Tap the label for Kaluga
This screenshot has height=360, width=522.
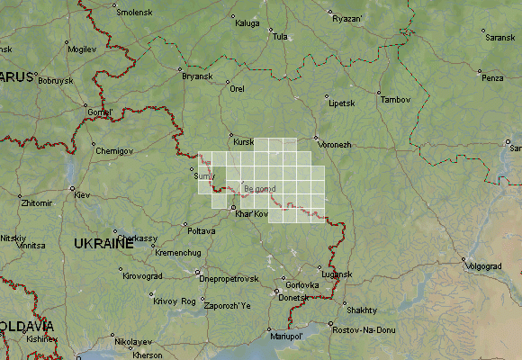pos(247,22)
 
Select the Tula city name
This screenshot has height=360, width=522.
pos(280,37)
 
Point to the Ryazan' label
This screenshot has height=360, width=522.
pos(346,19)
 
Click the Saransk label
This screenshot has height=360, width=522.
pos(500,38)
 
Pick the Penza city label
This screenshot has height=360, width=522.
pos(492,78)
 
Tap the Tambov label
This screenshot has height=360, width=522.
pos(395,99)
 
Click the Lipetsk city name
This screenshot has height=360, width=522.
pos(342,103)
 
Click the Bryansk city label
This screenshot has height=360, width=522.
pos(197,76)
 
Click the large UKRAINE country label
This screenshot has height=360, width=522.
pos(103,244)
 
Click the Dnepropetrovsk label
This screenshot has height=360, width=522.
pos(229,279)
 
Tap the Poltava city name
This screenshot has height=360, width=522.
pos(202,231)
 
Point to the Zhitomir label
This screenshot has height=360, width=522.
pos(37,204)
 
